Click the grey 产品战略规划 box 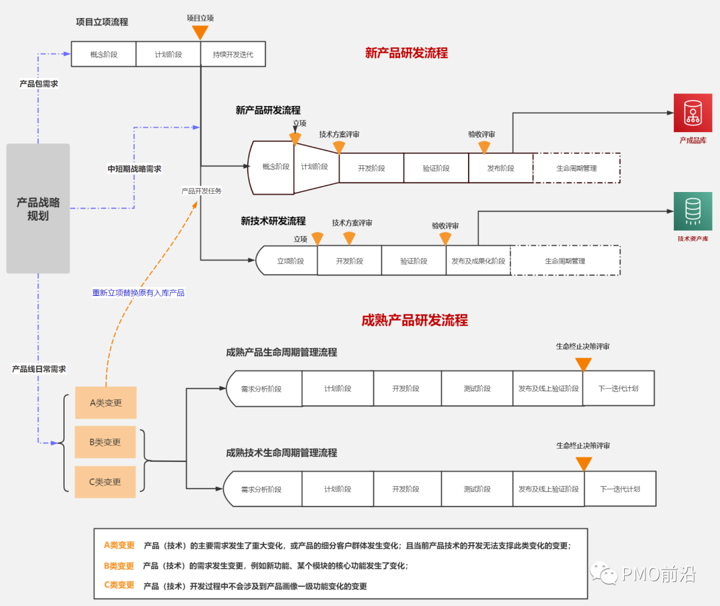tap(38, 208)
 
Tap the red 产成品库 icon tap(693, 113)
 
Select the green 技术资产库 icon tap(693, 211)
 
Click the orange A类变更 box tap(105, 403)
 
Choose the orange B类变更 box tap(105, 442)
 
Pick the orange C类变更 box tap(105, 482)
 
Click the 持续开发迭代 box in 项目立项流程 tap(233, 54)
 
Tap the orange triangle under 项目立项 tap(200, 32)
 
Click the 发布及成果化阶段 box tap(478, 261)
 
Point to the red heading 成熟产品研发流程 tap(414, 320)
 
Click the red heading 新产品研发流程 tap(406, 53)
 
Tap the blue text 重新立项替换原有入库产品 tap(138, 293)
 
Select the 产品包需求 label tap(39, 84)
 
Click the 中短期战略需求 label tap(135, 169)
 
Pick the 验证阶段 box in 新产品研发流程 tap(436, 168)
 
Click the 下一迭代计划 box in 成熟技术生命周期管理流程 tap(620, 489)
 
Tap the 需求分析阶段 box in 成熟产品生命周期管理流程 tap(261, 389)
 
